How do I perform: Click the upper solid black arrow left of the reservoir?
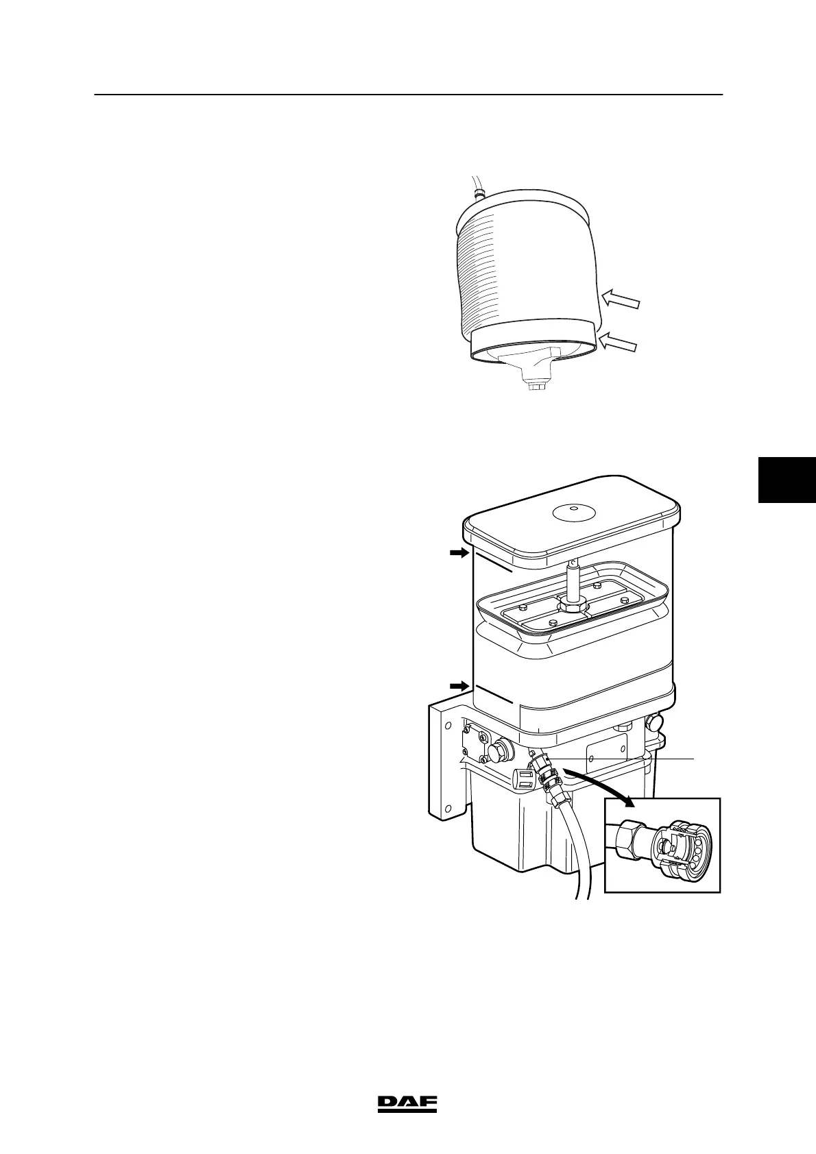tap(458, 553)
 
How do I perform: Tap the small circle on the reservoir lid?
tap(573, 511)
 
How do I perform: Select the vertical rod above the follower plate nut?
tap(573, 577)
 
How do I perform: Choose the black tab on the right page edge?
tap(787, 480)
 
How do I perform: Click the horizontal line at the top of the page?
tap(408, 95)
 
